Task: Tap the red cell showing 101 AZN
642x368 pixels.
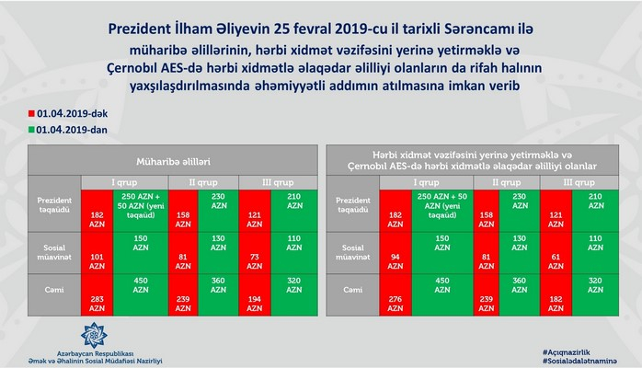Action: (x=96, y=253)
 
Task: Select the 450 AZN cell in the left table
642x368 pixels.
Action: (x=143, y=287)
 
